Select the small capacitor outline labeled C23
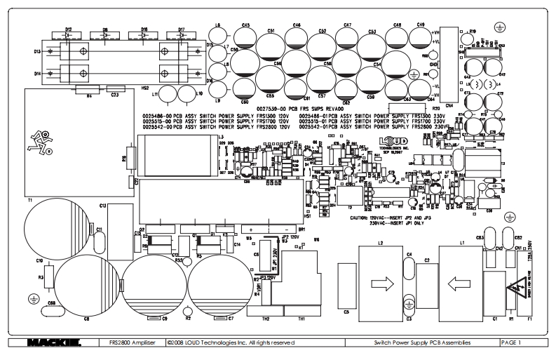[x=115, y=88]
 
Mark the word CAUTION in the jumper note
[x=363, y=218]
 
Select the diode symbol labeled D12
[x=69, y=33]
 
